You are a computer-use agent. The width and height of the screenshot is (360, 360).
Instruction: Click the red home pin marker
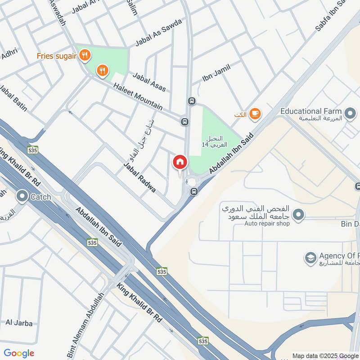point(180,162)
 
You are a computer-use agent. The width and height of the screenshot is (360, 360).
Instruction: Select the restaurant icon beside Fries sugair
point(85,56)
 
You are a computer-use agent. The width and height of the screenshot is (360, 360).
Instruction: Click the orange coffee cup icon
point(255,114)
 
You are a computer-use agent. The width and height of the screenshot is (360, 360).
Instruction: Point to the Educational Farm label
point(311,111)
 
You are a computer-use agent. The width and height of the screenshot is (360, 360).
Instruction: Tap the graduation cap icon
point(310,258)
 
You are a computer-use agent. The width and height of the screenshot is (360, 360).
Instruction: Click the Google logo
point(19,353)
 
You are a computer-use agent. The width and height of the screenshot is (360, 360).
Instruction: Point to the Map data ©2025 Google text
point(325,355)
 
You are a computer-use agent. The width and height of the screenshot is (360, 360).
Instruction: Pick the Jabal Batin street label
point(13,98)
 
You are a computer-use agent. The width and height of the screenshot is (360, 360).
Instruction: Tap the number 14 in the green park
point(205,145)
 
